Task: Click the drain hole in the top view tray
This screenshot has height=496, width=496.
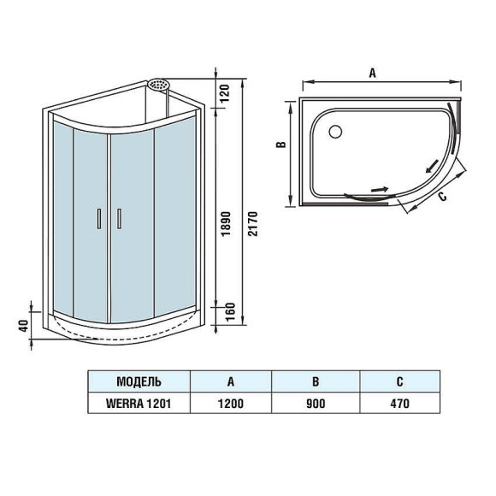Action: pos(335,132)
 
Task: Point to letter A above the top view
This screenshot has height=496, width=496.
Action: pos(373,74)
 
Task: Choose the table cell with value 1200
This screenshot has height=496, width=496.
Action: pos(230,403)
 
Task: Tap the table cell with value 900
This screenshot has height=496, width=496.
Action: pos(316,403)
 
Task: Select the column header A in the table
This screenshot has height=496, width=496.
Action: pos(230,381)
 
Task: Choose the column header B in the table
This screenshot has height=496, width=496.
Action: pos(316,381)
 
